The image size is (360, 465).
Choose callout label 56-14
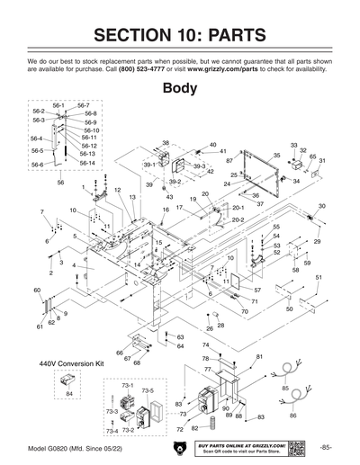tap(87, 164)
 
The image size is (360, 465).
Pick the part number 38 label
tap(166, 143)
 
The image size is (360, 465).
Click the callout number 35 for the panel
tap(276, 156)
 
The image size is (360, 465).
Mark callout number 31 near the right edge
tap(322, 160)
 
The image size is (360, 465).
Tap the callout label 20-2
tap(238, 219)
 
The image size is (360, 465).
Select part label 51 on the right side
tap(318, 278)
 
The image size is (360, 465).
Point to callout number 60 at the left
tap(37, 291)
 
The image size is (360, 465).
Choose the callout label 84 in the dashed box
tap(69, 394)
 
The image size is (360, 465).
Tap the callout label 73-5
tap(147, 391)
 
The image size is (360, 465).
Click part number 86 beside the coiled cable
tap(292, 417)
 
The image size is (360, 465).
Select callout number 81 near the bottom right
tap(259, 357)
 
